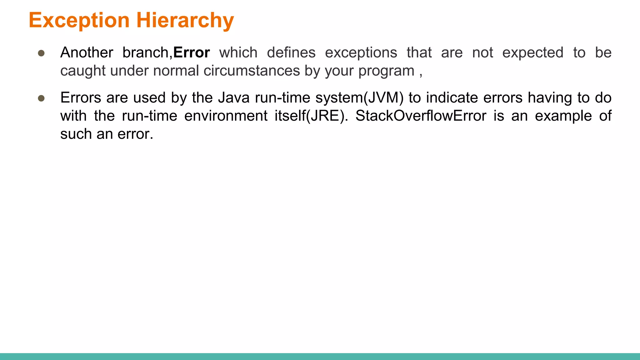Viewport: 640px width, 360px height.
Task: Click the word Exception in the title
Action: (x=79, y=20)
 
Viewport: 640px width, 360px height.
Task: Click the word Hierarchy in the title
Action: (x=185, y=20)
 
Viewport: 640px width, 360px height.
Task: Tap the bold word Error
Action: (x=191, y=52)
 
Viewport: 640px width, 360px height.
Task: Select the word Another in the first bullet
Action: (x=87, y=52)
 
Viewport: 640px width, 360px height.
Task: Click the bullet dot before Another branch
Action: (x=41, y=53)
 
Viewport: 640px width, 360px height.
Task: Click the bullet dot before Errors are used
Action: (x=41, y=98)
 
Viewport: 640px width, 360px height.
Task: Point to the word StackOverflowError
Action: (x=421, y=116)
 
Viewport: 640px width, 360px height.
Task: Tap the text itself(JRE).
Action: (x=311, y=116)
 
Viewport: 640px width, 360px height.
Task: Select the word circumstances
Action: (x=252, y=71)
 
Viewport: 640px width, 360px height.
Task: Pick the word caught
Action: (x=83, y=71)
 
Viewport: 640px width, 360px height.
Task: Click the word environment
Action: (x=226, y=116)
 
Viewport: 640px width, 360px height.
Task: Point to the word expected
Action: (x=532, y=52)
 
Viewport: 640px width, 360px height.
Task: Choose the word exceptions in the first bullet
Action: (x=361, y=52)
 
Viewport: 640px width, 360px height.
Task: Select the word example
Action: (x=563, y=116)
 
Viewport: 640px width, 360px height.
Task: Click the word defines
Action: (x=291, y=52)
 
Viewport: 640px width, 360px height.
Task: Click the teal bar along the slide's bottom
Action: (x=320, y=356)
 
